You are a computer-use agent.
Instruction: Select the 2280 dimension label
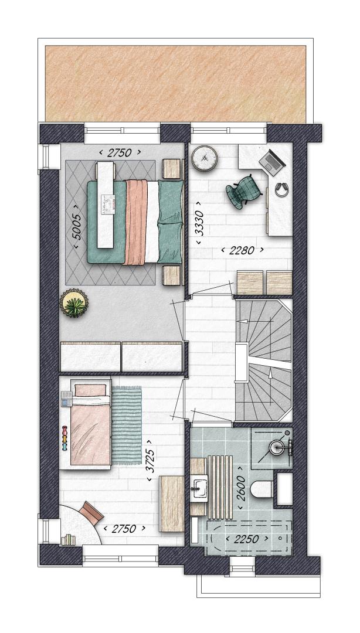coord(242,250)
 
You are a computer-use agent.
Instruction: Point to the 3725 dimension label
coord(150,460)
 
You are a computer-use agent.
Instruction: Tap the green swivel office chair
coord(242,191)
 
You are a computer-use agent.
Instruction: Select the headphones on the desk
coord(281,189)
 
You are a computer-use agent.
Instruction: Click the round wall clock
coord(205,158)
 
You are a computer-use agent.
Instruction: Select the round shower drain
coord(277,447)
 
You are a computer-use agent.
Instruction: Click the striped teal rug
coord(127,425)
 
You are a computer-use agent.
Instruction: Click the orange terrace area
coord(176,84)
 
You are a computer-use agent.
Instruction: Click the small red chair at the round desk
coord(91,512)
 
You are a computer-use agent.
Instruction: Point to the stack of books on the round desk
coord(69,539)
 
